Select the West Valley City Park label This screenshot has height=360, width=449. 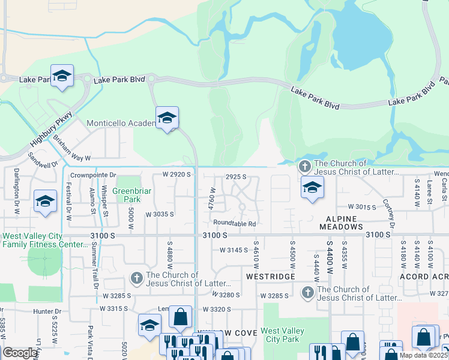(x=282, y=335)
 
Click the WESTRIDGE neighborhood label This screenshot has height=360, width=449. (x=270, y=276)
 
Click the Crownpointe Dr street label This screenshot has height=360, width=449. (x=91, y=175)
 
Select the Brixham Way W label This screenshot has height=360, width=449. (x=71, y=149)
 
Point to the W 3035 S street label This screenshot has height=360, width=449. (x=160, y=214)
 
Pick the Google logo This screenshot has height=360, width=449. (x=20, y=353)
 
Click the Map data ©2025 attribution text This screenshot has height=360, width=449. (x=423, y=355)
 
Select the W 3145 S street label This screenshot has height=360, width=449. (x=234, y=250)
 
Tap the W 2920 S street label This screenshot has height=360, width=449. (x=176, y=175)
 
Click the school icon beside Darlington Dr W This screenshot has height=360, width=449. (x=45, y=202)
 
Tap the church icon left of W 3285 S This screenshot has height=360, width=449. (x=307, y=292)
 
